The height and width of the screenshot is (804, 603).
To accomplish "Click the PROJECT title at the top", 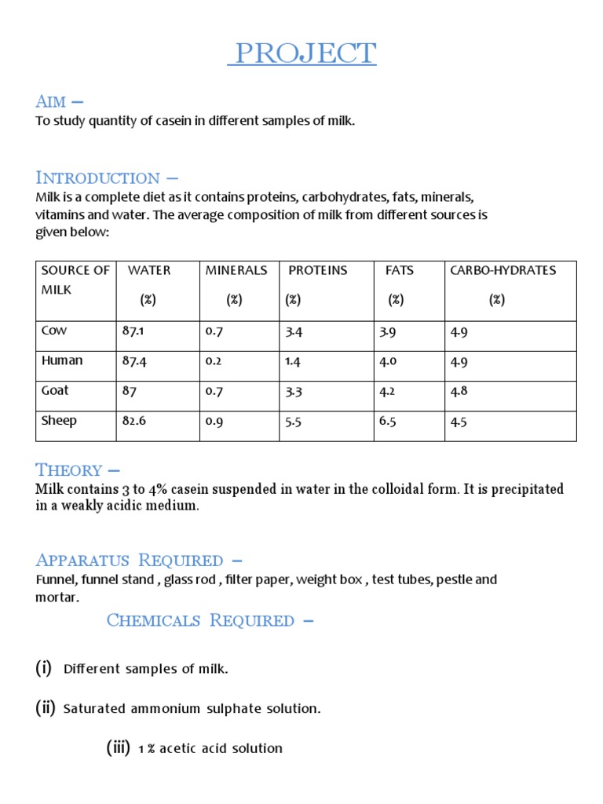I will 302,54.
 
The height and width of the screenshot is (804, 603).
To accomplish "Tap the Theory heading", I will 77,470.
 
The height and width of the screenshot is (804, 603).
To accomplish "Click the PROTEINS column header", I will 317,270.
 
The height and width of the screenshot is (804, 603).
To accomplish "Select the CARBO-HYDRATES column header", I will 502,270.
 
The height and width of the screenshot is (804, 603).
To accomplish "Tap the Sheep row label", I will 59,421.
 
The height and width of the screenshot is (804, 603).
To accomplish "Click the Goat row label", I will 55,391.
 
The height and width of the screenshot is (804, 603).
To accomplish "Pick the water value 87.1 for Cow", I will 133,331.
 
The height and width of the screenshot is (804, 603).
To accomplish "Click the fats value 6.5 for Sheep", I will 388,421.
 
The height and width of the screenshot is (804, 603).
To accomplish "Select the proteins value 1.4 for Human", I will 294,361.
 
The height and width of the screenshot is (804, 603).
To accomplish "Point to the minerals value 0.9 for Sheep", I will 214,421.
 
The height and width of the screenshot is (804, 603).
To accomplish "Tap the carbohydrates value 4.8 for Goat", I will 459,391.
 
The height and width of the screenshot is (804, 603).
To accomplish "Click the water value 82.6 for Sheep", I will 133,421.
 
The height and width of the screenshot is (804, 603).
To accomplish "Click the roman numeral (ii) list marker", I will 46,708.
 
